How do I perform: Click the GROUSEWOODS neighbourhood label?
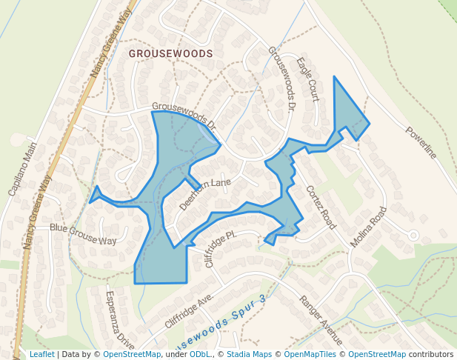[170, 54]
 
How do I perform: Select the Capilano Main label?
[22, 170]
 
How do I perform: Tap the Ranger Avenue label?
[321, 320]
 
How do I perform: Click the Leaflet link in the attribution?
[41, 355]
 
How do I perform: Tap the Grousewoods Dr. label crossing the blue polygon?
[183, 116]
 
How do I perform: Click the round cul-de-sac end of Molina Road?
[413, 235]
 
